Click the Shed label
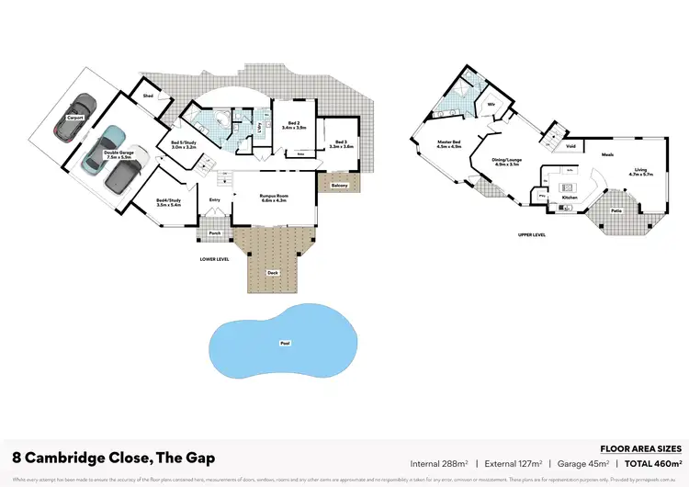(147, 95)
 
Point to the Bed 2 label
(295, 125)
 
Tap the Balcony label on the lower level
(331, 186)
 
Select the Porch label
(215, 233)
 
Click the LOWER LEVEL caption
(214, 259)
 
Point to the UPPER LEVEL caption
(532, 234)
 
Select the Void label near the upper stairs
(571, 146)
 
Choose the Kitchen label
(570, 198)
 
